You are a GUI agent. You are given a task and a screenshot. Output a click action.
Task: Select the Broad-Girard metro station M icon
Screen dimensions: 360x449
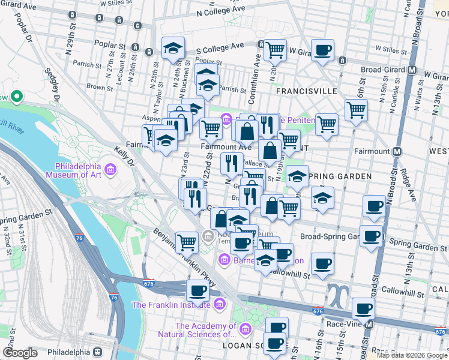pos(412,70)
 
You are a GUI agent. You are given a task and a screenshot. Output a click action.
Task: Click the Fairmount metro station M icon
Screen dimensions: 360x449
pos(397,152)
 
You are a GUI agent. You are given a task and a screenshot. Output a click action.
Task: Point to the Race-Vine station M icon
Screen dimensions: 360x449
pos(369,324)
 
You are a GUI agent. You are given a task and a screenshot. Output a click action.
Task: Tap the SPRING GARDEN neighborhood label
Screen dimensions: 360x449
pos(339,176)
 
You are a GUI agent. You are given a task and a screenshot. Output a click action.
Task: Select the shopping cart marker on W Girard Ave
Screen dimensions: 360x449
pos(275,50)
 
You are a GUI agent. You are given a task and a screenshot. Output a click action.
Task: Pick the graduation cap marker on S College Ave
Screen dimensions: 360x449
pos(173,47)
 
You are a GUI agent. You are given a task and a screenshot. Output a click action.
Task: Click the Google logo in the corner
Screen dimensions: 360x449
pos(20,353)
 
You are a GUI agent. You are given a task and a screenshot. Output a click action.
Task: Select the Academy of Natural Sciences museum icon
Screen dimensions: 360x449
pos(245,329)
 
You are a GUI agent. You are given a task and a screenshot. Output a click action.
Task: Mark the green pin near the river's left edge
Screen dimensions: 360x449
pos(16,95)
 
